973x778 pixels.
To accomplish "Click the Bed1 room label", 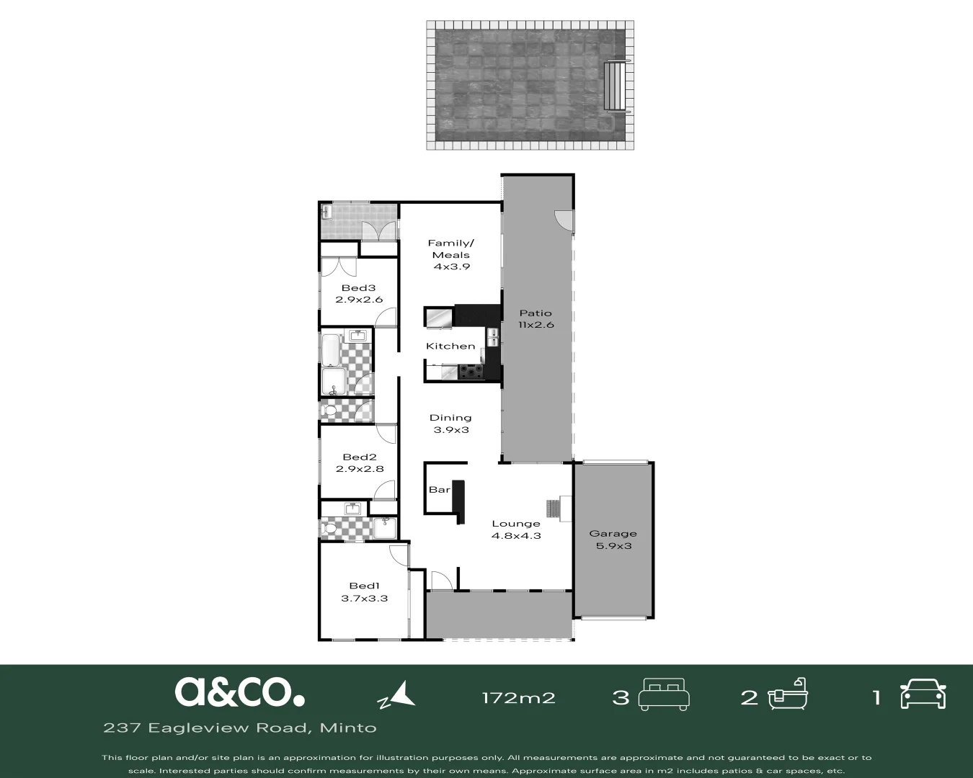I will pyautogui.click(x=364, y=586).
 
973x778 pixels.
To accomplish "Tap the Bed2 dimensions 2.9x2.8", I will pyautogui.click(x=360, y=469).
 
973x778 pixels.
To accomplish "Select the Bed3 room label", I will pyautogui.click(x=358, y=288).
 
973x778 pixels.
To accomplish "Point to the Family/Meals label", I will pyautogui.click(x=451, y=249).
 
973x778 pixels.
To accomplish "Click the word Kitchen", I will pyautogui.click(x=450, y=346).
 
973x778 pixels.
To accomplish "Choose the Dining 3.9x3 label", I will pyautogui.click(x=450, y=424).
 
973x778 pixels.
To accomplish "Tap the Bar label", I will pyautogui.click(x=439, y=490).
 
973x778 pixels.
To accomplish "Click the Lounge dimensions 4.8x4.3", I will pyautogui.click(x=516, y=536).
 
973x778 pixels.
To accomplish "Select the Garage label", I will pyautogui.click(x=613, y=534).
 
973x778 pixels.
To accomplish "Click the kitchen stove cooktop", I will pyautogui.click(x=471, y=372).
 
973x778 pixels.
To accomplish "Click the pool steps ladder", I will pyautogui.click(x=615, y=86).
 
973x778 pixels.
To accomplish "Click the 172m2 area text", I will pyautogui.click(x=518, y=697).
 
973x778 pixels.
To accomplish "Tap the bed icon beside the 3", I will pyautogui.click(x=665, y=695).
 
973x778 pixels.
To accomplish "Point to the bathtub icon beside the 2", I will pyautogui.click(x=788, y=695).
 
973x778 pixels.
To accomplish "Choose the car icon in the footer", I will pyautogui.click(x=923, y=695).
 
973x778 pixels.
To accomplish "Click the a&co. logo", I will pyautogui.click(x=239, y=692).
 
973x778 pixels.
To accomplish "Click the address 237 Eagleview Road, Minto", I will pyautogui.click(x=240, y=728).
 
